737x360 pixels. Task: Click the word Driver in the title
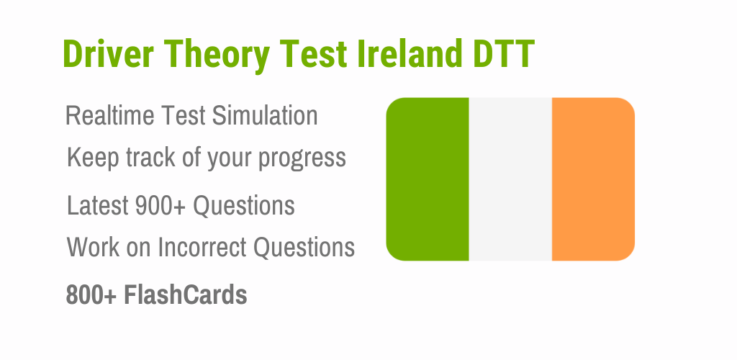click(x=108, y=53)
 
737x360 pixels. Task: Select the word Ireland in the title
click(x=410, y=53)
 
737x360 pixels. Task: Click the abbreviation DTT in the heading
click(x=504, y=53)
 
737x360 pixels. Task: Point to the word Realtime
click(x=110, y=116)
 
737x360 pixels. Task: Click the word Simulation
click(x=265, y=116)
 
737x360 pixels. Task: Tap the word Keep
click(x=93, y=157)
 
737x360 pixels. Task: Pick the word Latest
click(x=98, y=205)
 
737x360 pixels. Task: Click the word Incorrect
click(x=202, y=247)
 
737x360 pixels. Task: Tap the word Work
click(x=94, y=247)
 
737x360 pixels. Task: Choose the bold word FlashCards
click(x=185, y=295)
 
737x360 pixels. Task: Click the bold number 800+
click(x=91, y=295)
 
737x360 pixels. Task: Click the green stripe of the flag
click(x=428, y=179)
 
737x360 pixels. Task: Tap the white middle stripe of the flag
click(x=510, y=179)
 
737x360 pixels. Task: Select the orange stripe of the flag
click(x=593, y=179)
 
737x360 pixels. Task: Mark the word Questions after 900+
click(x=244, y=205)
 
